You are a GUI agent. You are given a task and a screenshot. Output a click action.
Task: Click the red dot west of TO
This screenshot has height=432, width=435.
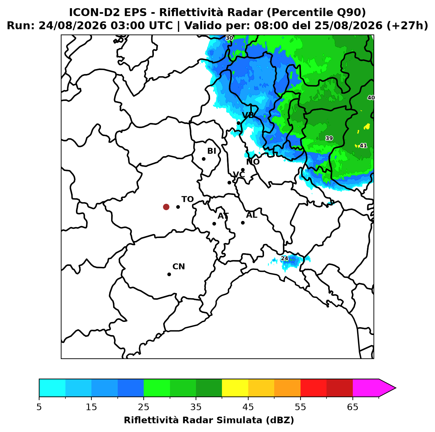tap(166, 206)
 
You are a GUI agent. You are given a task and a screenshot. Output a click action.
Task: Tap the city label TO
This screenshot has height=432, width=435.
tap(187, 199)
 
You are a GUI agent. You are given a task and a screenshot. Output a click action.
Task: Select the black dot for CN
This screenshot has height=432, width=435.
tap(169, 274)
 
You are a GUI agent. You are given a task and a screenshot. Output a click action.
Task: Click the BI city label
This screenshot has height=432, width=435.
tap(211, 151)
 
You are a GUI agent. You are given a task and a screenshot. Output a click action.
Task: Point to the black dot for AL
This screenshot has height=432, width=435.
tap(243, 223)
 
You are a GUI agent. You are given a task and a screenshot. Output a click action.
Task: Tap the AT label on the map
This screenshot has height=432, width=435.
tap(223, 216)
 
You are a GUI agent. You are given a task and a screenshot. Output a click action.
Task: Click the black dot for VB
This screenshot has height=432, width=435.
tap(238, 123)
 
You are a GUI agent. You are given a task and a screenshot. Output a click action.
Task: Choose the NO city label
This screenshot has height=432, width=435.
tap(253, 162)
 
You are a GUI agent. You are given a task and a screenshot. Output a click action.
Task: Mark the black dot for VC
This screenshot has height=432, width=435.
tap(230, 182)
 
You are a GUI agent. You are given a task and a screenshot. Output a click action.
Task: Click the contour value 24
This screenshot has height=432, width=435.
tap(284, 258)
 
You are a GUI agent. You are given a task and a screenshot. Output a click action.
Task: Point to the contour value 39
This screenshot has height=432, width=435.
tap(329, 138)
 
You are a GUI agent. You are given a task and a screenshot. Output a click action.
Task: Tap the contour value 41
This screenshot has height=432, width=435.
tap(363, 146)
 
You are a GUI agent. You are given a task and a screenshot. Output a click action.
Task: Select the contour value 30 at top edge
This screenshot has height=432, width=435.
tap(229, 38)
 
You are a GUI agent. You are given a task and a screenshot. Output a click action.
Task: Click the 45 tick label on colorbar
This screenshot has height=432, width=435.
tap(248, 407)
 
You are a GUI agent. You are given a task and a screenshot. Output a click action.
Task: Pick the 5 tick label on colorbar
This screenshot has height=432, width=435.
tap(39, 407)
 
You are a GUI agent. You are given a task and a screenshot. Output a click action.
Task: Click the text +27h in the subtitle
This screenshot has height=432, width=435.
tap(407, 26)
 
